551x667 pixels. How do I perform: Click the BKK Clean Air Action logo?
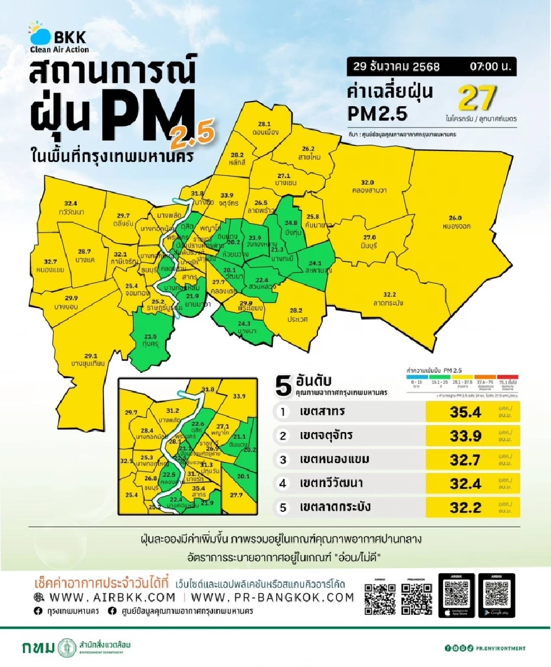point(59,37)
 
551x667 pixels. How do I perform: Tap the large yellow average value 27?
point(476,98)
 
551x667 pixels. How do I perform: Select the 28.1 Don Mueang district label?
point(265,128)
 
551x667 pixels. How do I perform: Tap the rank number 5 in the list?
point(282,507)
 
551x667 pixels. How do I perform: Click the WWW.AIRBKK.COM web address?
point(112,597)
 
